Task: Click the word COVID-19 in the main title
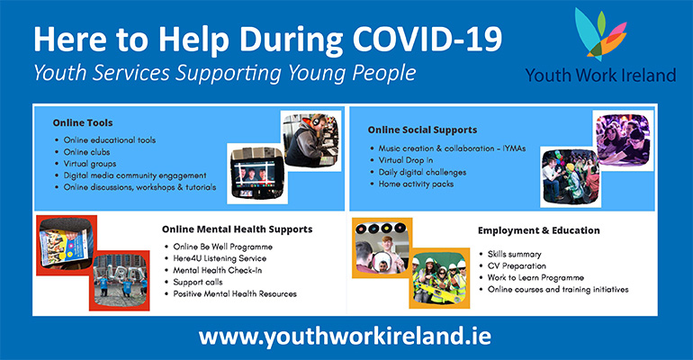point(427,39)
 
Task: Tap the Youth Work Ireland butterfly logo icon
point(600,34)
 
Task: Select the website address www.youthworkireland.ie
point(345,337)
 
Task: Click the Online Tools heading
point(83,122)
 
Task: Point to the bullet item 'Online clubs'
point(86,152)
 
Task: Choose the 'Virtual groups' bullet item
point(90,164)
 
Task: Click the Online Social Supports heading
point(422,130)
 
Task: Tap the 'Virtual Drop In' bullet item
point(406,160)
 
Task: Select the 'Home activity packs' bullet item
point(416,184)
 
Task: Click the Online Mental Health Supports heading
point(237,229)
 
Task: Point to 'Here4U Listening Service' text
point(220,258)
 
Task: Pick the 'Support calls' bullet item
point(198,283)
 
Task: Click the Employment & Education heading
point(539,230)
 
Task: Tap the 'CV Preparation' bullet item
point(517,266)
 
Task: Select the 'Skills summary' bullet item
point(515,255)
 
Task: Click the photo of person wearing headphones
point(311,141)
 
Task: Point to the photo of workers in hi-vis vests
point(439,278)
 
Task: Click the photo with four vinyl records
point(382,247)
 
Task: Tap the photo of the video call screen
point(257,174)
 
